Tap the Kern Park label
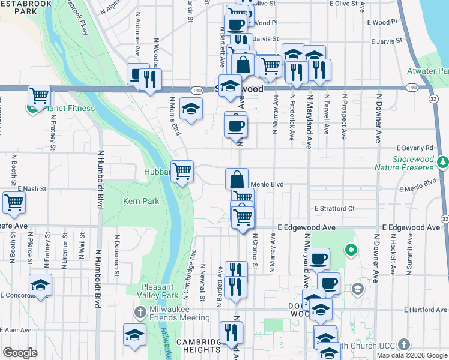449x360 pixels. [142, 201]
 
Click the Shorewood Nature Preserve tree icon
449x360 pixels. [444, 162]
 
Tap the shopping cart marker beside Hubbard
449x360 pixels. [182, 171]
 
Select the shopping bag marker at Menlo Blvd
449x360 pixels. [237, 179]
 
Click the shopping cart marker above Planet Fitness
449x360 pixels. [39, 95]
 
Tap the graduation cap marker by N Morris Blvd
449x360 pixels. [191, 109]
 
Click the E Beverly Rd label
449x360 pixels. [415, 148]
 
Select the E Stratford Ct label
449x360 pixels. [334, 209]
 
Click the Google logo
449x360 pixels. [20, 353]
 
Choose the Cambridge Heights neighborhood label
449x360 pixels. [199, 346]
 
